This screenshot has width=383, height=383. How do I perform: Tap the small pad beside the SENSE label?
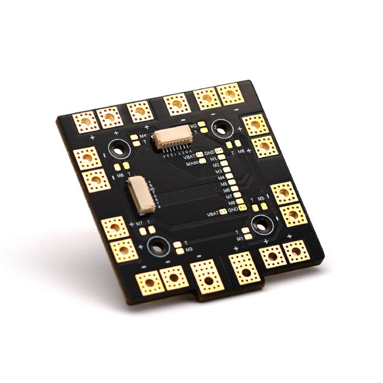coord(203,161)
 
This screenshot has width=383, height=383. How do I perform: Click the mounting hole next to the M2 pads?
coord(221,128)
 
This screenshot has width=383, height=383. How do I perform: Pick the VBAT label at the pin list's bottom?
coord(213,213)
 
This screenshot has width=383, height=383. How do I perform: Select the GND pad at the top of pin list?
coord(220,153)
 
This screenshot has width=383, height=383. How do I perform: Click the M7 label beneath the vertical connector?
coord(139,223)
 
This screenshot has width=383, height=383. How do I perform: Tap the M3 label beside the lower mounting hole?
coord(189,249)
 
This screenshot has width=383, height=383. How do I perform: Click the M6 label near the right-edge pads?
coord(241,151)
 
